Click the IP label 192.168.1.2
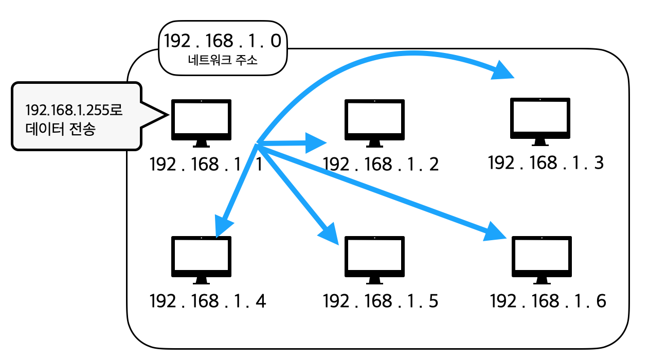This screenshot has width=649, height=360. pos(381,165)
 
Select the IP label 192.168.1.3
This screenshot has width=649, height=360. pos(546,163)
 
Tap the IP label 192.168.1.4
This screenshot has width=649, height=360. pos(208,301)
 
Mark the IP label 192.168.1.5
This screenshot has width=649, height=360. pos(381,301)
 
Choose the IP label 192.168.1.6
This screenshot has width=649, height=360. pos(548,301)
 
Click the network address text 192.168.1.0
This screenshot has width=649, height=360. pos(222,41)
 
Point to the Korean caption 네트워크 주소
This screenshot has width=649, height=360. pos(223,60)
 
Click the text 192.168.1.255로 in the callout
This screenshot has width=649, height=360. pos(75,110)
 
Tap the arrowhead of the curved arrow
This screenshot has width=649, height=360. pos(503,71)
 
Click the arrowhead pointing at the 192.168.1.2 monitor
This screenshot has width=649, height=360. pos(315,142)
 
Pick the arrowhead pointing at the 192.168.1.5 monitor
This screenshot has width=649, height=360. pos(328,235)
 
